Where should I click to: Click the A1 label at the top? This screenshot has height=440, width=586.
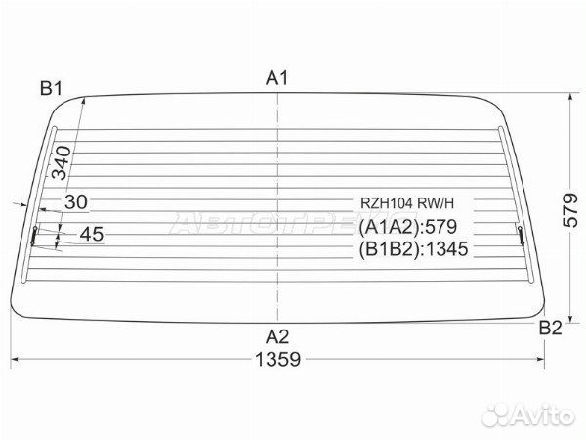pos(277,78)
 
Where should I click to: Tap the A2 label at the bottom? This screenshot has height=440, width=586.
pos(277,336)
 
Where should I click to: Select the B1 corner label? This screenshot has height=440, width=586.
pos(51,89)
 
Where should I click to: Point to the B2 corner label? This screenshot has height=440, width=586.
pos(550,328)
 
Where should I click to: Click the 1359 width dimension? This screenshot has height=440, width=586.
pos(277,359)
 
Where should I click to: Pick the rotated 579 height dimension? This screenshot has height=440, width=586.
pos(570,209)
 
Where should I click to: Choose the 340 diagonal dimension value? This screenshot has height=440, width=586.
pos(62,162)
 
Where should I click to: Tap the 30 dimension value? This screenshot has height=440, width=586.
pos(76,202)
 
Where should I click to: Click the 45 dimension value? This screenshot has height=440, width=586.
pos(92,235)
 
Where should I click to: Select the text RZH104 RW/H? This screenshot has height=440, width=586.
pos(407,203)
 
